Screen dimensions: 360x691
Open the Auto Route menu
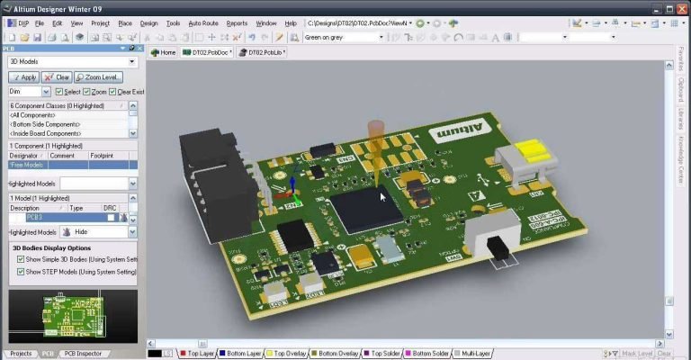202,22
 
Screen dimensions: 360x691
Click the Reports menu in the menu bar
237,22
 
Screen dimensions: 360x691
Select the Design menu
148,22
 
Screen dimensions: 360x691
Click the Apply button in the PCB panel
23,77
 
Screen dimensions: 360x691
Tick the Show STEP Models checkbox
21,271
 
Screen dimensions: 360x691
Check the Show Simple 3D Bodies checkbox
21,259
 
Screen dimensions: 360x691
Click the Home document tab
164,52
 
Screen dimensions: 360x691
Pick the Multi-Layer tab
475,354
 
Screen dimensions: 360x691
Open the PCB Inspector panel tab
82,354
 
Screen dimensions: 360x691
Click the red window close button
680,7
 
